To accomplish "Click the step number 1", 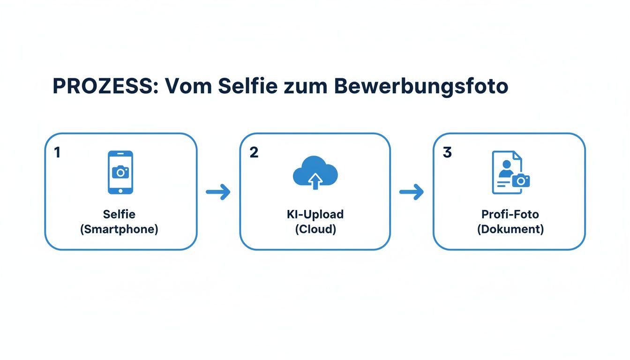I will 57,152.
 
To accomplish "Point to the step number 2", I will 254,152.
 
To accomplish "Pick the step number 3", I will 447,152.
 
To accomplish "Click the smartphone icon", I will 120,172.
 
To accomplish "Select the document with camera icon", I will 510,172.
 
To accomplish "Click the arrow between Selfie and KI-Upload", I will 218,191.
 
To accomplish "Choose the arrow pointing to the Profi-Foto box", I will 412,191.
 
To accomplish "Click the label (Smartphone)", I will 119,230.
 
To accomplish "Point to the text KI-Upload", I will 315,214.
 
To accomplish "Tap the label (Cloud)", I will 315,230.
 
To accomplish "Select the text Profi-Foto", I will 510,214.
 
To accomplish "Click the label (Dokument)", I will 510,230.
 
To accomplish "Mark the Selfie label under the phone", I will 119,214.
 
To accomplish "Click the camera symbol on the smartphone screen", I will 120,172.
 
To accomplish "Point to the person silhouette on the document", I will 505,169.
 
